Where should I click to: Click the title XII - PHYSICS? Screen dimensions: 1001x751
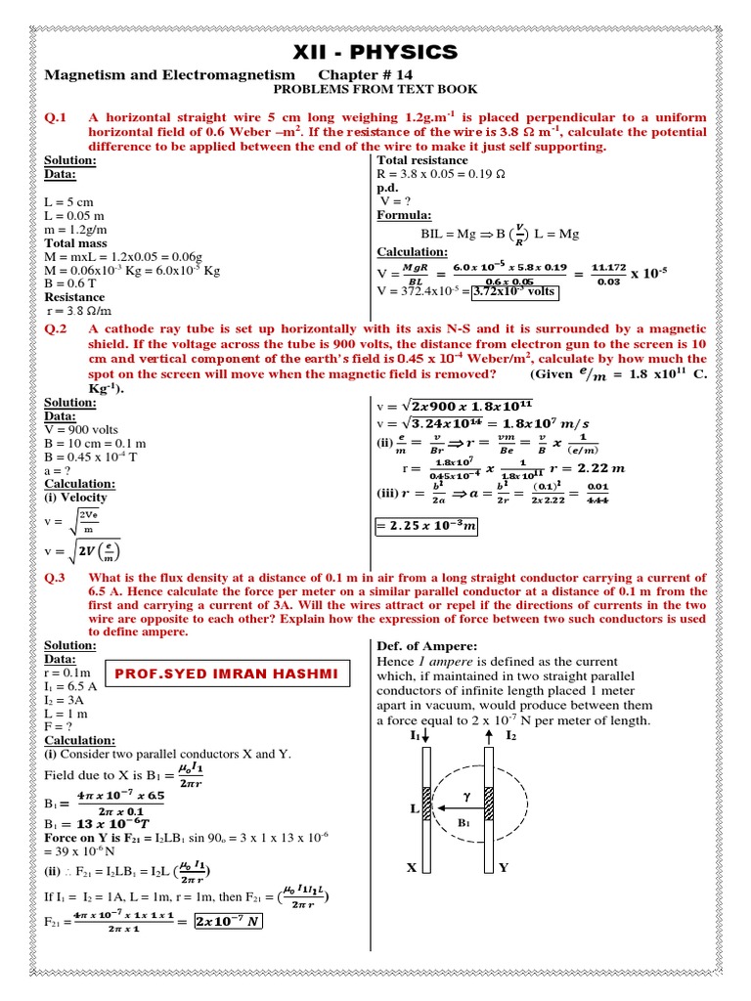[375, 52]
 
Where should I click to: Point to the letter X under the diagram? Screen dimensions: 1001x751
[412, 867]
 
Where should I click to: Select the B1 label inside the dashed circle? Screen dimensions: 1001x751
[463, 823]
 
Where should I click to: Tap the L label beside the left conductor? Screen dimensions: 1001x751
[415, 809]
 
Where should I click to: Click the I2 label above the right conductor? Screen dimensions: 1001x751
[509, 733]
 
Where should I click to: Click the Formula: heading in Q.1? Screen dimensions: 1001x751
[405, 215]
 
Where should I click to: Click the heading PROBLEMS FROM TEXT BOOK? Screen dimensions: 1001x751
[375, 90]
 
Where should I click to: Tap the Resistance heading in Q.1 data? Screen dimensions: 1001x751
[74, 296]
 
